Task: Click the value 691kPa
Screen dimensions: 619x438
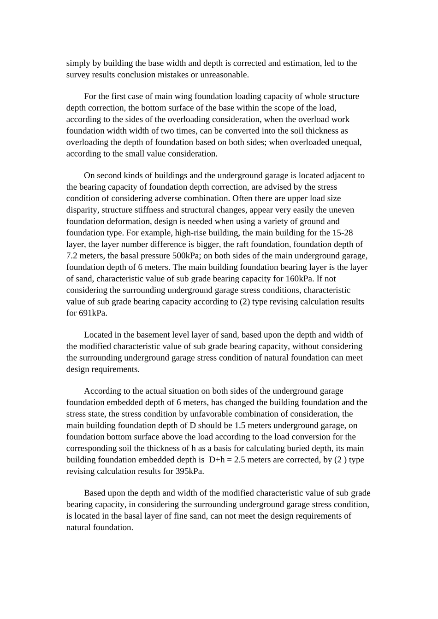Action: click(x=93, y=313)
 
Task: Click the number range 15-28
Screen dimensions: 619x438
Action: click(x=343, y=233)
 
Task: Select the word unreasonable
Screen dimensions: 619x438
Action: click(x=224, y=75)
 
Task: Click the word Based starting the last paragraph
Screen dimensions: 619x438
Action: click(x=95, y=493)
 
